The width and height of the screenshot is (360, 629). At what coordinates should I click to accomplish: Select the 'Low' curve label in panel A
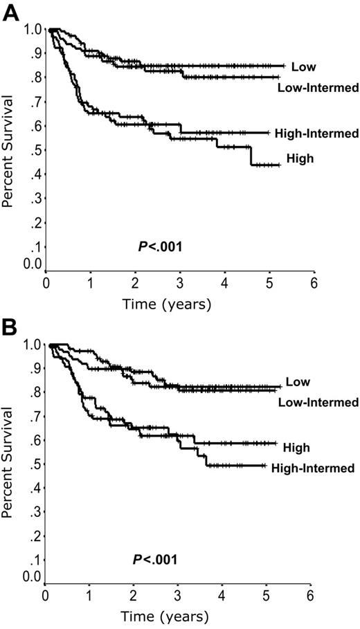click(x=300, y=68)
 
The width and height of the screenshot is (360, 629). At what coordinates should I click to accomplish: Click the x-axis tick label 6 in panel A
click(x=314, y=282)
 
